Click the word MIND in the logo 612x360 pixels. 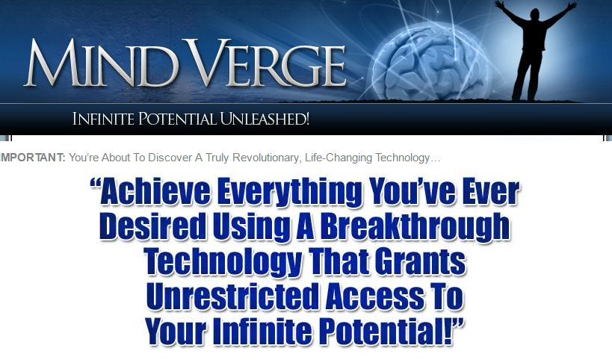[100, 63]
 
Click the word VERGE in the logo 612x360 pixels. [268, 63]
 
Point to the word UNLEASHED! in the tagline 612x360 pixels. [265, 119]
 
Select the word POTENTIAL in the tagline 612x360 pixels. [177, 119]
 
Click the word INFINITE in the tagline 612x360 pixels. [103, 119]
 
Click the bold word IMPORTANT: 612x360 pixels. [32, 158]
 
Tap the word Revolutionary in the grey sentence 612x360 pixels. [267, 158]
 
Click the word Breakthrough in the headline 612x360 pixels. [415, 227]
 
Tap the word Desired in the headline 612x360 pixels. [152, 226]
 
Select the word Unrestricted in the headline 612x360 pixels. [232, 297]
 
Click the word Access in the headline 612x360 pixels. [375, 297]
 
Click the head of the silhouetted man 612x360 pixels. [536, 15]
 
